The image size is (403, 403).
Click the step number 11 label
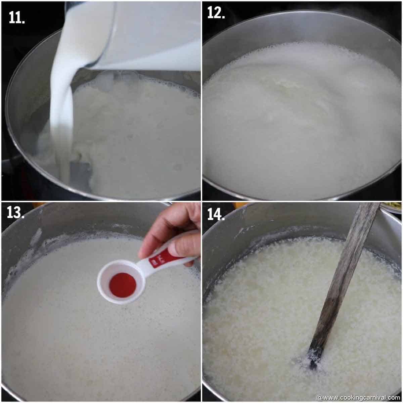[x=17, y=18]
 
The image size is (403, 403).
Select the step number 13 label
[x=15, y=212]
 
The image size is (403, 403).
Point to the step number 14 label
[x=216, y=214]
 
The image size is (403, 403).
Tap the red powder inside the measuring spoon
[x=122, y=285]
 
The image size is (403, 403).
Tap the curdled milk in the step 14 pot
[x=262, y=319]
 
